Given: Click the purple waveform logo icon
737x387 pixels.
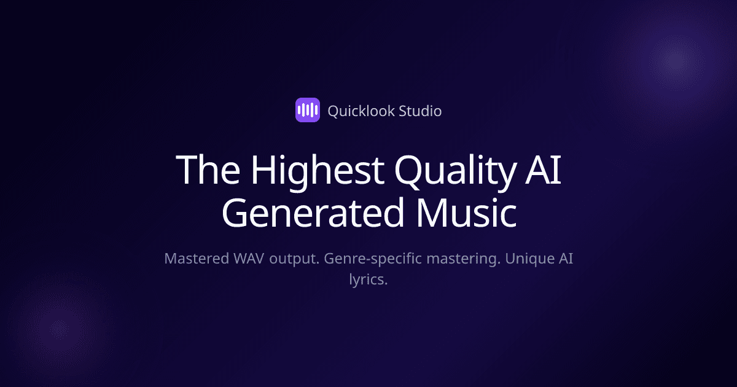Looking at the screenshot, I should [x=308, y=111].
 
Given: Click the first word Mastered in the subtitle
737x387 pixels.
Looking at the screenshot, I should [x=195, y=259].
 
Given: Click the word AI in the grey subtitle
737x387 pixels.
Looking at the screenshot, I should [x=565, y=259].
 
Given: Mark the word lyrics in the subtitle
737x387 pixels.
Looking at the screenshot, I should [x=368, y=280].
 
